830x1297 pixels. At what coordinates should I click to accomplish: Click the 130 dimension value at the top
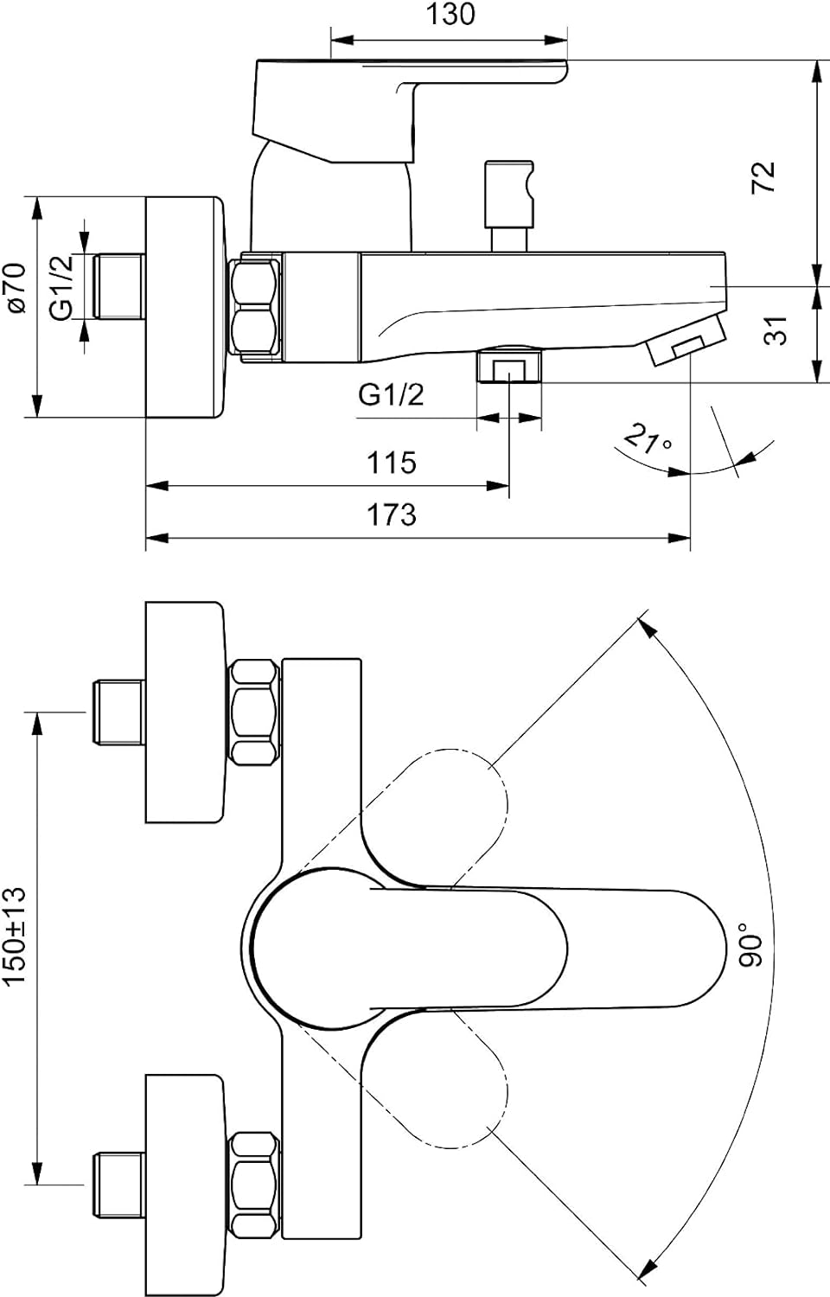[450, 15]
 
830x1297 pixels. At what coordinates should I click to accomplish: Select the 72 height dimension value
[764, 176]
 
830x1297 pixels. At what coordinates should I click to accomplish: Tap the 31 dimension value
[778, 330]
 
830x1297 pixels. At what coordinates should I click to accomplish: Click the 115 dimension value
[392, 463]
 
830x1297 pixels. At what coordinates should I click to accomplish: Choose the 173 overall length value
[392, 515]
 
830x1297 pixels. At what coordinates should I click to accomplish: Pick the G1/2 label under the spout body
[392, 395]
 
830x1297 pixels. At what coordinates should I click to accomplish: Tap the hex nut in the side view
[256, 308]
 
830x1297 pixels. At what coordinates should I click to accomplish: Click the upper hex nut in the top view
[254, 712]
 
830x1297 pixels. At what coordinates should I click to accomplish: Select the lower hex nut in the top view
[254, 1182]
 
